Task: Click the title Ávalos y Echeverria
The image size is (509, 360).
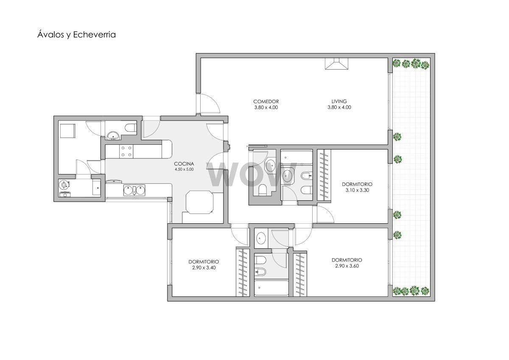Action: pos(77,35)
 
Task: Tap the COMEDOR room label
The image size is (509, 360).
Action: pos(266,101)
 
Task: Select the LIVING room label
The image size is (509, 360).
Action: pos(339,101)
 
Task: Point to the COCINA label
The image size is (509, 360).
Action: pos(184,164)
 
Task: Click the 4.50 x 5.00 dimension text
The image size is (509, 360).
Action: pos(184,169)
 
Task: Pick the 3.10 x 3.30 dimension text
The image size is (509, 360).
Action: pos(357,190)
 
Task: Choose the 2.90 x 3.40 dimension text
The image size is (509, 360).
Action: pos(204,268)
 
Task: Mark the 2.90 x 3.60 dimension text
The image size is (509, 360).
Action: pos(347,266)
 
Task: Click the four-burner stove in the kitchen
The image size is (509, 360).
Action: pos(126,152)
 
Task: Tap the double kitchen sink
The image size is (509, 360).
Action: pos(134,190)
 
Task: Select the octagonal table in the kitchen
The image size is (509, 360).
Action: pos(199,202)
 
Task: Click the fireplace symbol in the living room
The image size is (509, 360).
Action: pos(336,64)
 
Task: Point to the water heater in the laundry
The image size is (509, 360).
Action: pos(64,185)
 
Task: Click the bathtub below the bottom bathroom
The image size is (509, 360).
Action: pos(271,288)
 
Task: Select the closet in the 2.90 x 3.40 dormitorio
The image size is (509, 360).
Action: pos(243,273)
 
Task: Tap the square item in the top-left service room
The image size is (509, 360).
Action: pos(68,131)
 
